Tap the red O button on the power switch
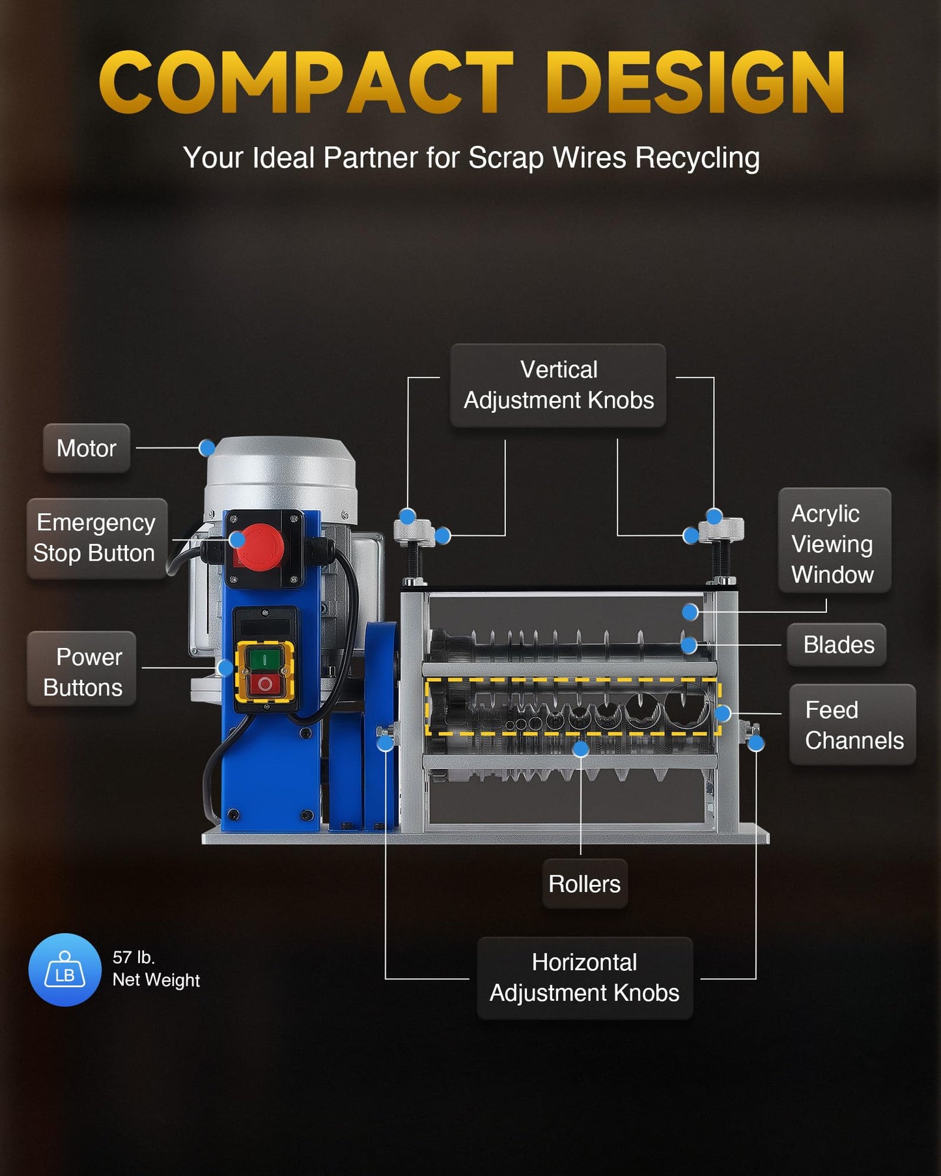(265, 683)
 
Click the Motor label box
(87, 448)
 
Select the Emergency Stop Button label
(96, 538)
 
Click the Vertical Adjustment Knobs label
(558, 385)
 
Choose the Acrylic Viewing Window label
(834, 540)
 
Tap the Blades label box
(837, 645)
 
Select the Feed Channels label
(852, 725)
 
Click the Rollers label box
(585, 884)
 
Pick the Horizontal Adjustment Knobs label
(585, 978)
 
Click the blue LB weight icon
(64, 970)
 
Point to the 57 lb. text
(133, 957)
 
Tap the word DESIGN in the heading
(695, 83)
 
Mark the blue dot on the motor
(207, 448)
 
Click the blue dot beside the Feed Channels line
(722, 713)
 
